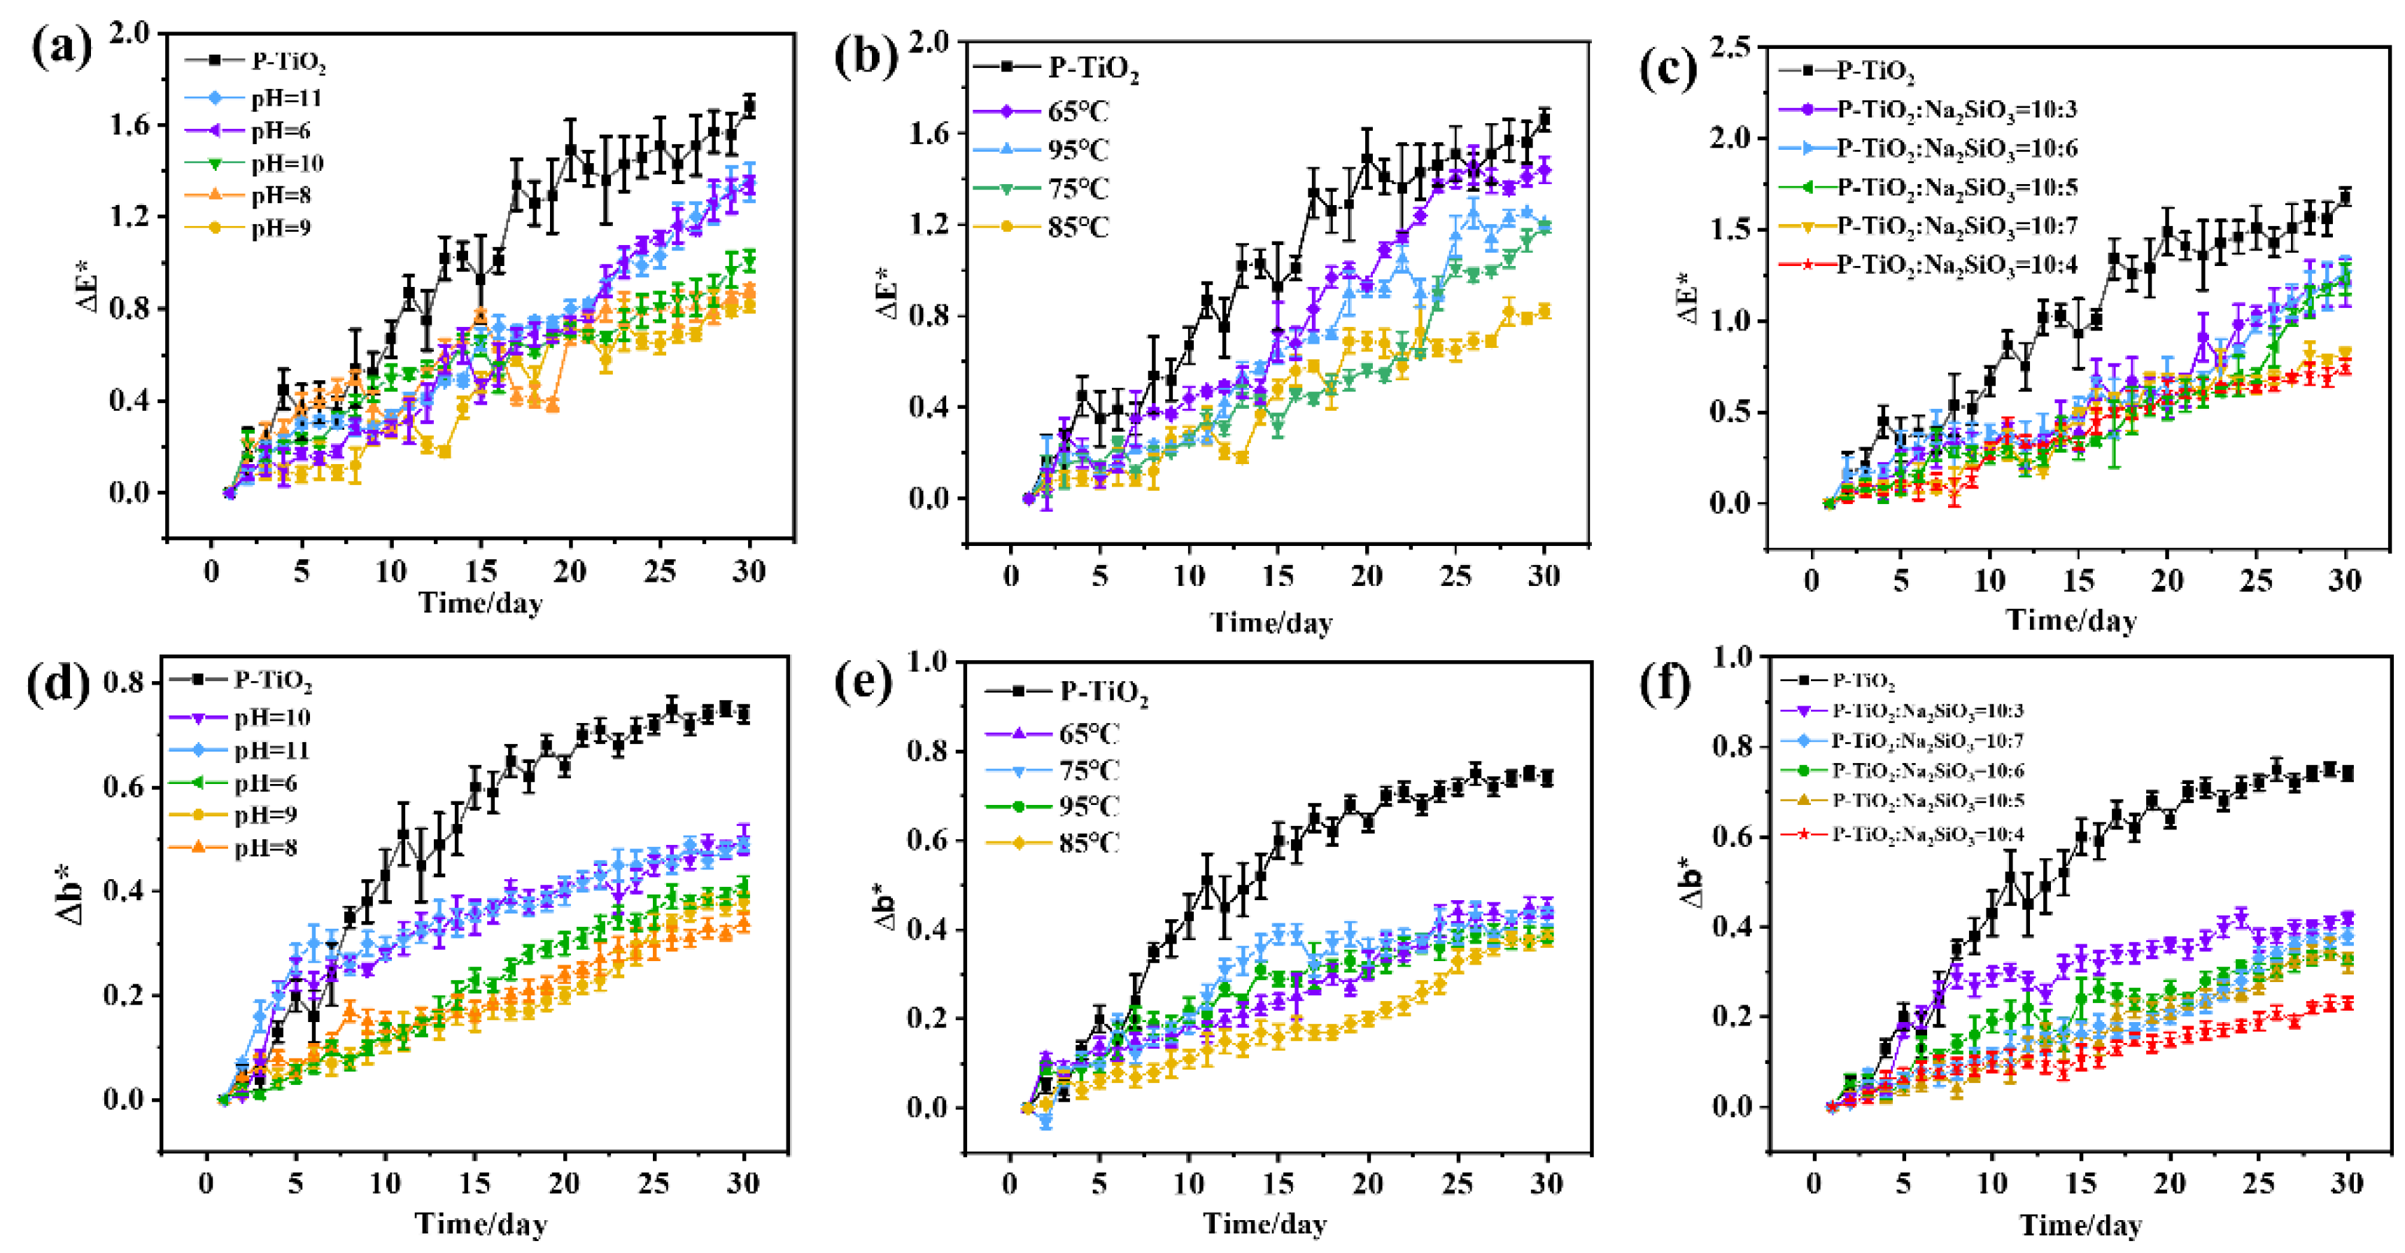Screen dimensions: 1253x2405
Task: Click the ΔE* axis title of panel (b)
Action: click(888, 292)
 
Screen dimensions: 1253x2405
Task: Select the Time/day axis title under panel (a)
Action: click(480, 603)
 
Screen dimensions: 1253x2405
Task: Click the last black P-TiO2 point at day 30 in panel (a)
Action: click(749, 106)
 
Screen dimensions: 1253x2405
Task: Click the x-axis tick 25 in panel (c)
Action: click(2257, 581)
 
